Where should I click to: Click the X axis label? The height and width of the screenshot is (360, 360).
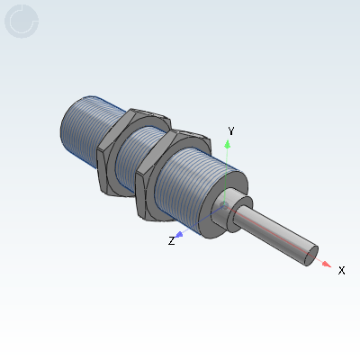point(341,269)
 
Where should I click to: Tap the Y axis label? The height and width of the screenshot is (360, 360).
point(231,131)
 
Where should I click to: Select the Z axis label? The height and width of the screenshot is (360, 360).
point(171,240)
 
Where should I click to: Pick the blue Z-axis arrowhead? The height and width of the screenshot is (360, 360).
point(180,234)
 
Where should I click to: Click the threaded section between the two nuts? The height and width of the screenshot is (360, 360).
point(147,153)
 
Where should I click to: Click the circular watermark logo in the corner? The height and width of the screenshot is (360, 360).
point(22,22)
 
